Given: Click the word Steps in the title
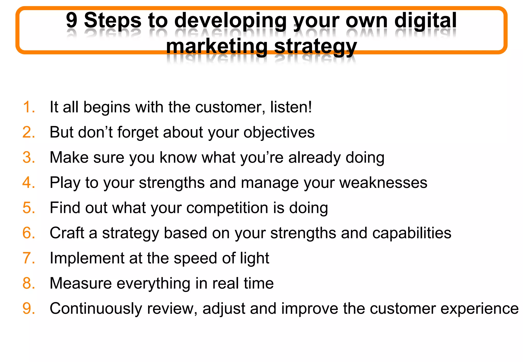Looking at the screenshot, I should (x=113, y=20).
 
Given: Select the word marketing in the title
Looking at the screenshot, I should (x=217, y=46).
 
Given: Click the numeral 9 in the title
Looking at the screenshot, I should (x=72, y=20).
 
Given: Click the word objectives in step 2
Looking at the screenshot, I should (x=279, y=132).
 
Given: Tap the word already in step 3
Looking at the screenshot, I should (x=314, y=158).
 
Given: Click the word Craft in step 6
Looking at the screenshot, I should (x=67, y=233).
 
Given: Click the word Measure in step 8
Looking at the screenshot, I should (x=81, y=283).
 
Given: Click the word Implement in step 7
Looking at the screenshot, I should (x=87, y=258).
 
